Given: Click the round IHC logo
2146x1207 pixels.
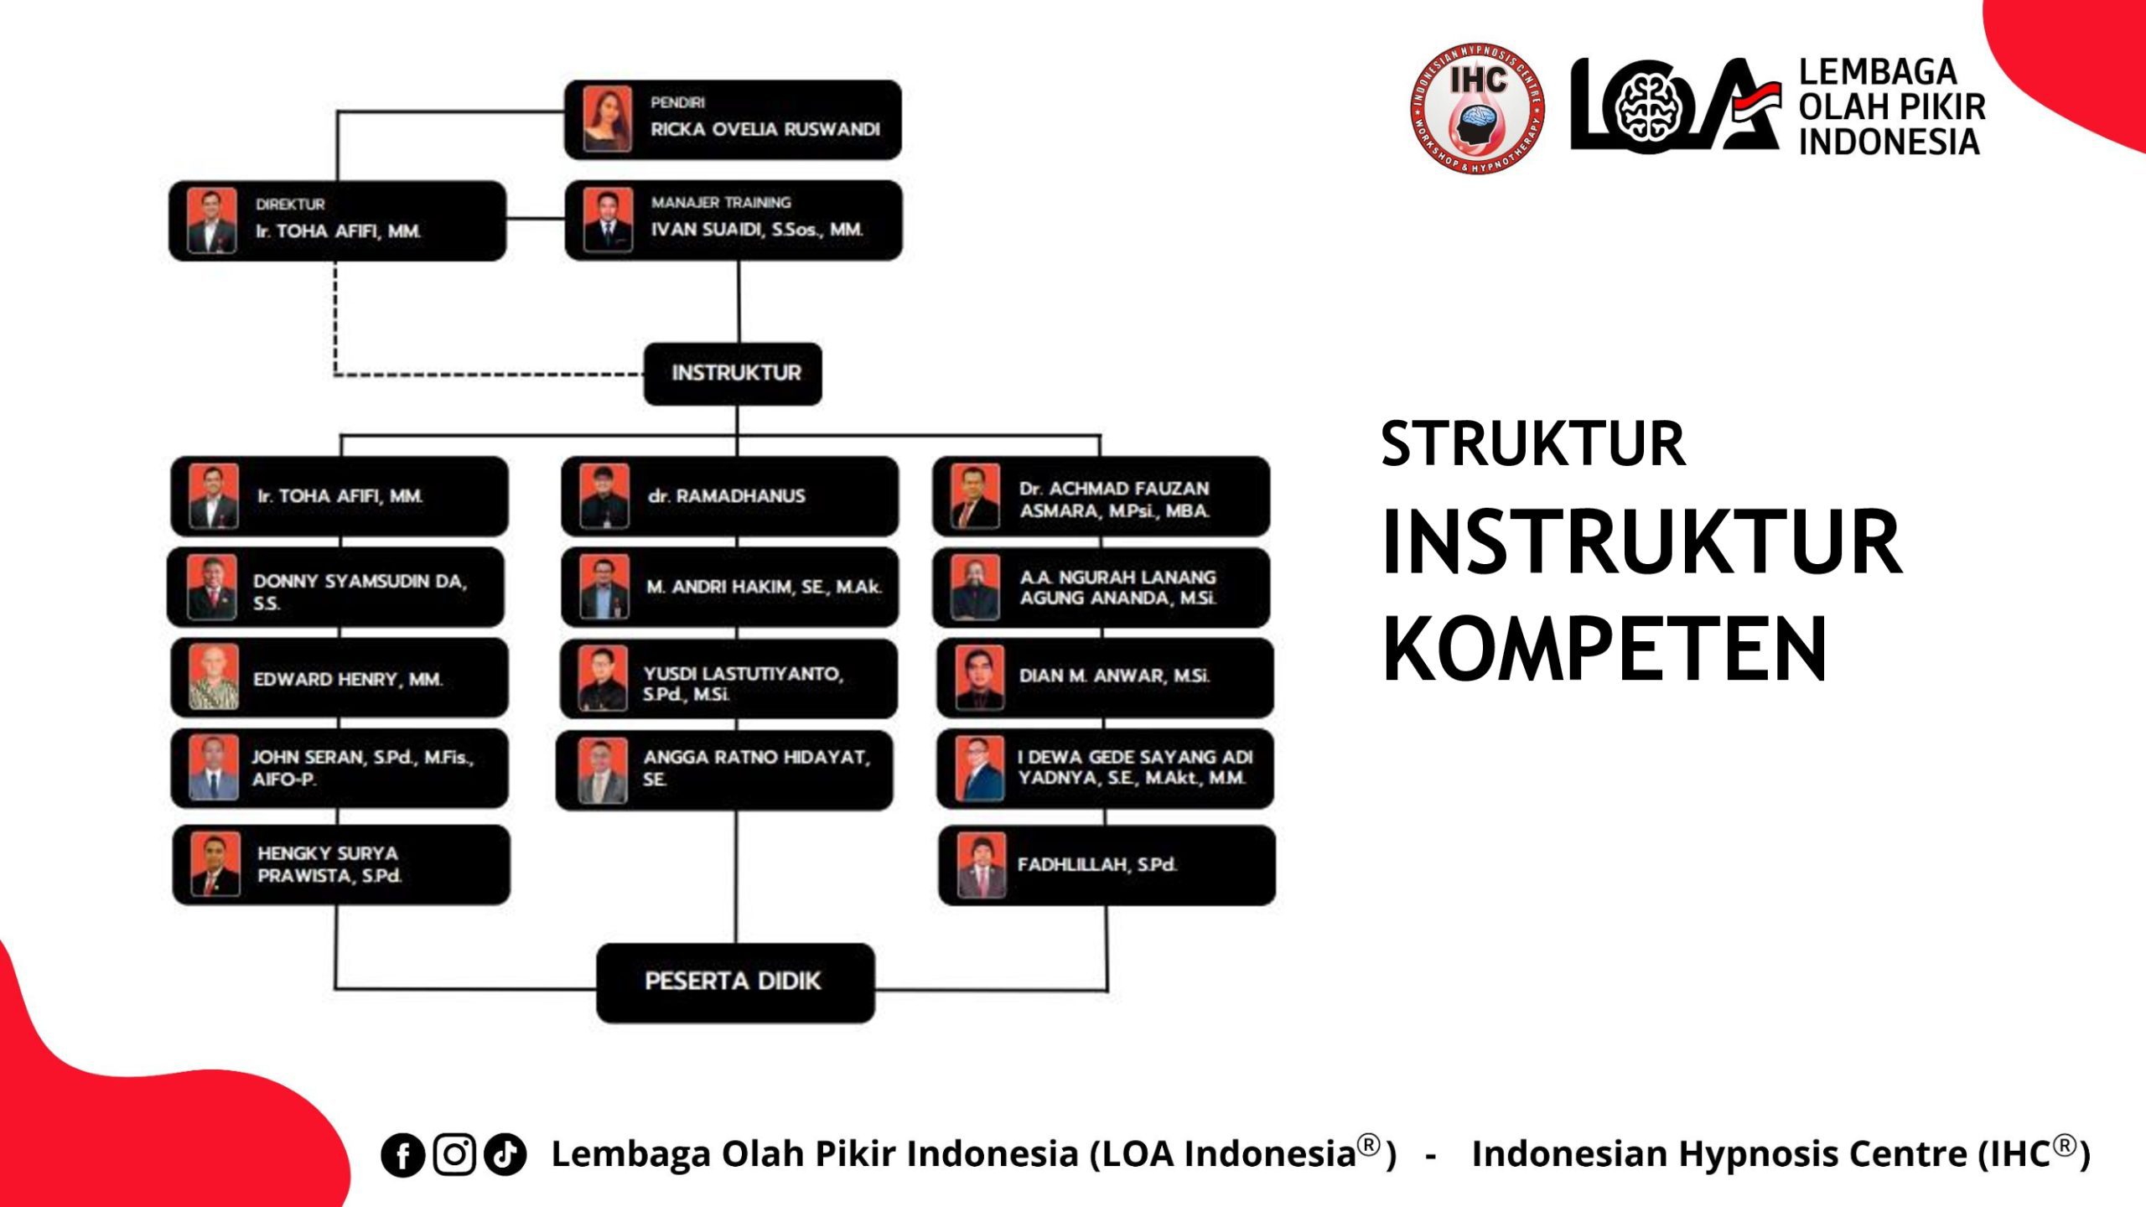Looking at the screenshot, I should [1477, 108].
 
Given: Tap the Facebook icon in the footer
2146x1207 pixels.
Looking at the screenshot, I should [402, 1155].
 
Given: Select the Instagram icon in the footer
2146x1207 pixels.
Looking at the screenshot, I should [454, 1154].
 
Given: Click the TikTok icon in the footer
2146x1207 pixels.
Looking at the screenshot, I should [505, 1154].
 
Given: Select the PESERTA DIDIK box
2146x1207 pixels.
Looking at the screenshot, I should [734, 982].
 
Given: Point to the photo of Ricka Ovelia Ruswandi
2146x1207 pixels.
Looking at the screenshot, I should [607, 119].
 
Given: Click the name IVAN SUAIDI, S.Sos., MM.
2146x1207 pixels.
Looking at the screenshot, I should [757, 230].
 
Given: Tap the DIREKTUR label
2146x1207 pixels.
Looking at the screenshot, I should [290, 205].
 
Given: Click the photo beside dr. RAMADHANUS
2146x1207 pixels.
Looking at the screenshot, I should [604, 495].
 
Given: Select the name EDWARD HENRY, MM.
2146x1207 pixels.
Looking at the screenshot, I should [347, 679].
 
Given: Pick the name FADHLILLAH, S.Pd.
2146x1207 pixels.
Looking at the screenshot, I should [1096, 864].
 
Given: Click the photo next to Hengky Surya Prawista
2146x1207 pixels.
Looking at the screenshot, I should [215, 864].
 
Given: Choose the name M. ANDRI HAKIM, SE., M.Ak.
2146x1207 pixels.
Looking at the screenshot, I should [764, 587].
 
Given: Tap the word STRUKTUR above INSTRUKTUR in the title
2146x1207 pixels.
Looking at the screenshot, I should [1532, 444].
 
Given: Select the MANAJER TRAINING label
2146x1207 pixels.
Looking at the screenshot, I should [721, 203].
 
